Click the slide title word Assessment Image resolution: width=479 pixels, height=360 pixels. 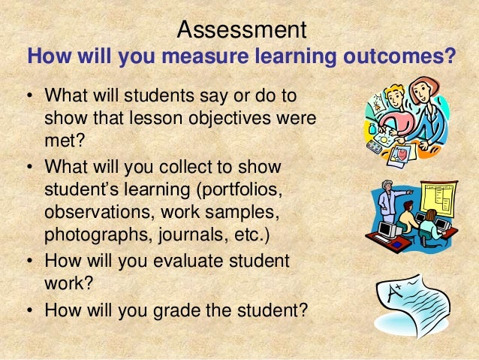242,30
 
